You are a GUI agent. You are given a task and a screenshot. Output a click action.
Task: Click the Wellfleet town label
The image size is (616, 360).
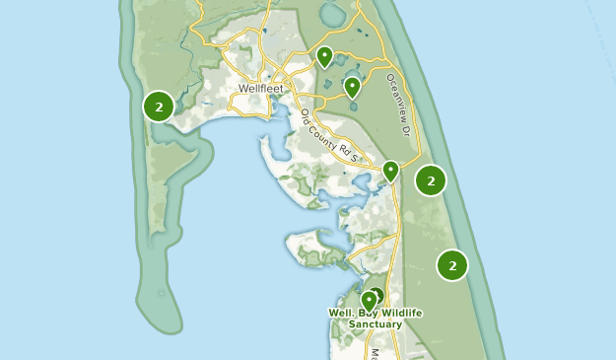261,88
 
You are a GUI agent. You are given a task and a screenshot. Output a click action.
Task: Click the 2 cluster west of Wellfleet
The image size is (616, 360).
159,106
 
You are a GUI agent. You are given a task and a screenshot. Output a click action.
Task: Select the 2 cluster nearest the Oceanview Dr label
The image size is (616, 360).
431,180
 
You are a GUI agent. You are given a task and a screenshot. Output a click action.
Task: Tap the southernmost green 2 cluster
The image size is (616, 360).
452,264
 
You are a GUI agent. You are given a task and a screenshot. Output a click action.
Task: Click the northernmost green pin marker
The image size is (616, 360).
324,57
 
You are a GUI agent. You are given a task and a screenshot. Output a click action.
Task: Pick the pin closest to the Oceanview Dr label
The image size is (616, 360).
352,89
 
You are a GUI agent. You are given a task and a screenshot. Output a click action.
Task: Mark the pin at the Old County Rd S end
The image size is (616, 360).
391,171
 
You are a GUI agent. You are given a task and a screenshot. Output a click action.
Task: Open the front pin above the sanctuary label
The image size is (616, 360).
370,299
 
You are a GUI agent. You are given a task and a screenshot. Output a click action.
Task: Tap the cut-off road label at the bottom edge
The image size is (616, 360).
374,353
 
